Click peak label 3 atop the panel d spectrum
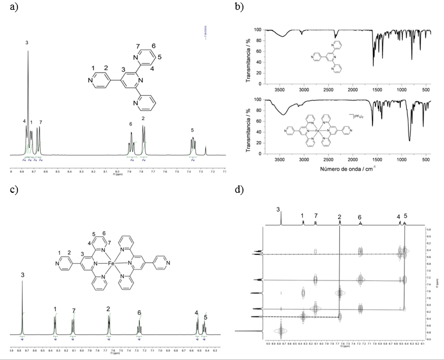(278, 209)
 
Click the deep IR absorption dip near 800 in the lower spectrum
(410, 139)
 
